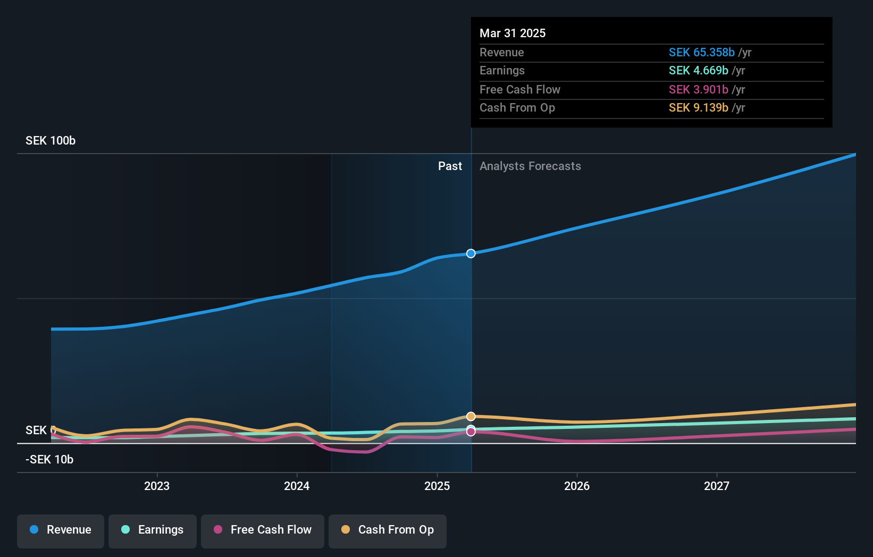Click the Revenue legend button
point(61,530)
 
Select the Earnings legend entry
point(153,530)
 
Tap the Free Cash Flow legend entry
point(263,530)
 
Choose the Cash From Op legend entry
point(388,530)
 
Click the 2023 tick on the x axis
point(157,486)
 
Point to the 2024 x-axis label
point(297,486)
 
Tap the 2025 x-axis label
point(437,486)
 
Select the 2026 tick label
point(577,486)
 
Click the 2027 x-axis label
point(717,486)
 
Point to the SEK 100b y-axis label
point(51,141)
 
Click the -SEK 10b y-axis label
point(49,460)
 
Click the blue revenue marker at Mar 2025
point(471,254)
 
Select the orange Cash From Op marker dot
point(471,416)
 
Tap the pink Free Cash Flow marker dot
point(471,432)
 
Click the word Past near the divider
point(450,166)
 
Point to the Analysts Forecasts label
point(530,166)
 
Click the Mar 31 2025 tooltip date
point(513,33)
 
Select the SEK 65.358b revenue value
point(701,53)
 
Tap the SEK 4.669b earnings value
point(698,71)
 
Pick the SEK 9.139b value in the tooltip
point(698,108)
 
